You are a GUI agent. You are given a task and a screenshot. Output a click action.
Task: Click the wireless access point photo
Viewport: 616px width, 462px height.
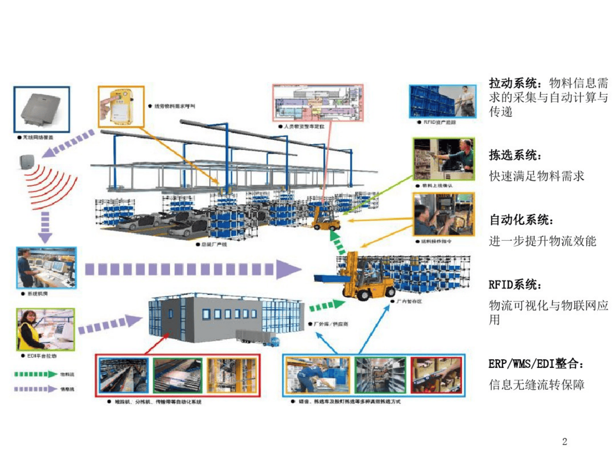41,109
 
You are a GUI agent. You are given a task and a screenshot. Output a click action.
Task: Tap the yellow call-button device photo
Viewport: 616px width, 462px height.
121,106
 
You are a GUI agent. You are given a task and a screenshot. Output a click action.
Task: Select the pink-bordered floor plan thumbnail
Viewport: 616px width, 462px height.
318,103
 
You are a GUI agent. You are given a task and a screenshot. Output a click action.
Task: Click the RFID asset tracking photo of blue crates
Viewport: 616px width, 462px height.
442,101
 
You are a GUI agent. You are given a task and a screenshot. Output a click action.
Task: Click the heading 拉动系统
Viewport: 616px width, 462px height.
513,83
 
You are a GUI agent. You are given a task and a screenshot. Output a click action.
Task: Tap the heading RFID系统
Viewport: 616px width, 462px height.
515,284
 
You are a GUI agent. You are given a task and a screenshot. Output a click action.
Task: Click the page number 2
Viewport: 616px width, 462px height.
564,441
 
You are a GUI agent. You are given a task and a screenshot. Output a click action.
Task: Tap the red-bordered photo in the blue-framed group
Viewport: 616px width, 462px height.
436,375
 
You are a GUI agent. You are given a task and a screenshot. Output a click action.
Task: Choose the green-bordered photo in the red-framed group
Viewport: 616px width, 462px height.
178,375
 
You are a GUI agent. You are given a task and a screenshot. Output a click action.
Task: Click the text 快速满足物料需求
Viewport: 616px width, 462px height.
536,176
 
